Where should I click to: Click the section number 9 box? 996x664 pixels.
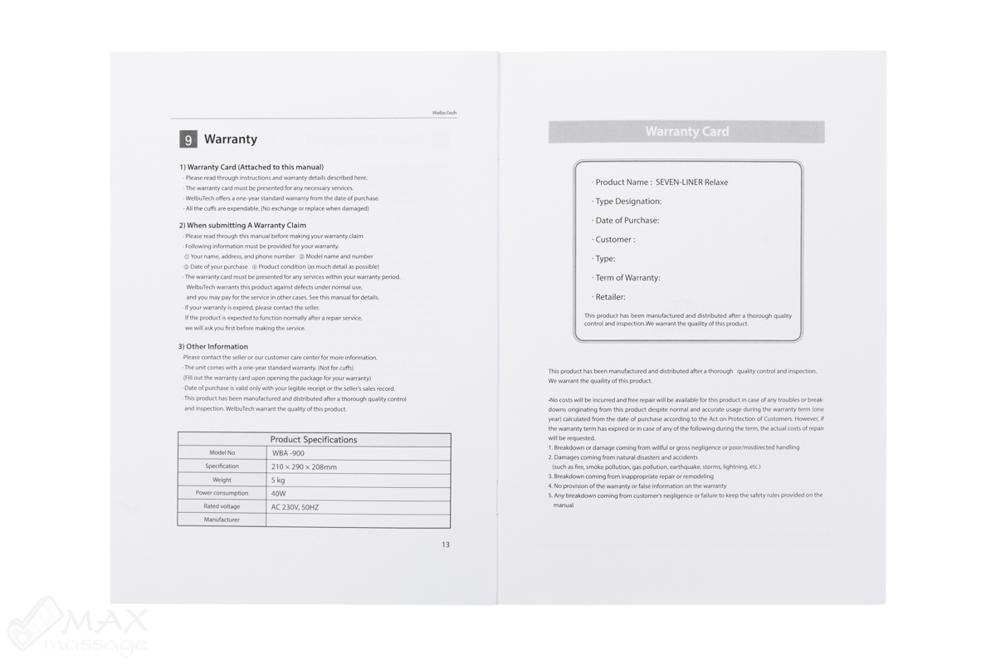point(188,139)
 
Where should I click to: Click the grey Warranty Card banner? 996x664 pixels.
point(686,132)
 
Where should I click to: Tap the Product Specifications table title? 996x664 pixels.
point(314,440)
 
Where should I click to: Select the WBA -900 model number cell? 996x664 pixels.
point(288,453)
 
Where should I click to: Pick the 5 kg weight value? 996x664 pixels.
point(279,481)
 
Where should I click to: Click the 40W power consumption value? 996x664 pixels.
point(279,494)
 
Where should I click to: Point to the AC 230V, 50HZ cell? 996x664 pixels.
point(295,507)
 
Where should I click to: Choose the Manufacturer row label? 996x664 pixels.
point(222,520)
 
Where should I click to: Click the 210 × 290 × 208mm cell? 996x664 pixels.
point(304,467)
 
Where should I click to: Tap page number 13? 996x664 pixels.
point(446,545)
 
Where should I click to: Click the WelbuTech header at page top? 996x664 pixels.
point(444,113)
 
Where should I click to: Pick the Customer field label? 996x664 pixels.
point(614,240)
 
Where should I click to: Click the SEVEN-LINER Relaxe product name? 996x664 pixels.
point(691,183)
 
